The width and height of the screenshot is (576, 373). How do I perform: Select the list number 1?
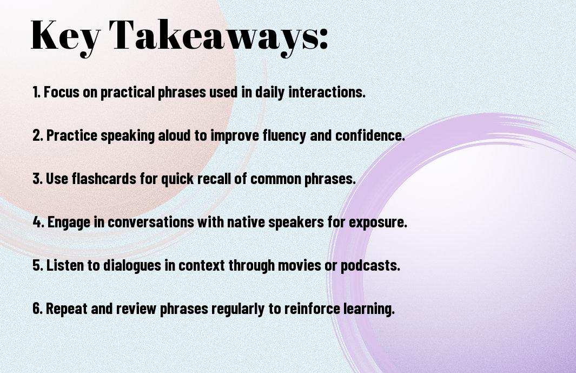pos(36,92)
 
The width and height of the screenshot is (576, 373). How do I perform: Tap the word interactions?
pos(327,92)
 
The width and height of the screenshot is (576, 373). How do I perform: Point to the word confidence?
pos(370,135)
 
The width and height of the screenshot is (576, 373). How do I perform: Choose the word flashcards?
pos(104,179)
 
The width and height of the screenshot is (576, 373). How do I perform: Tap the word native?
pos(246,222)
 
